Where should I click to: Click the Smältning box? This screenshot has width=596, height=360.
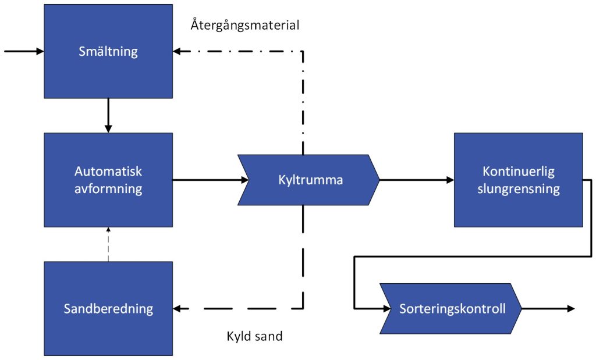(108, 51)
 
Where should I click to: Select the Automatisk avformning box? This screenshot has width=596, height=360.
(108, 180)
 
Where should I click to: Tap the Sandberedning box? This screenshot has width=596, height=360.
(108, 308)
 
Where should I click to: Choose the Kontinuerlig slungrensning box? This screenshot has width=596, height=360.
(518, 180)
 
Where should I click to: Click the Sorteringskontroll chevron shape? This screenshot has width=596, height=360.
(451, 308)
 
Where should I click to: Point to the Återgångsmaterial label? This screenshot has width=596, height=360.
(244, 26)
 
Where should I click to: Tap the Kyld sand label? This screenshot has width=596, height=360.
(254, 336)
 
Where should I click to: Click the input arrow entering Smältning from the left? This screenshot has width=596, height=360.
(23, 51)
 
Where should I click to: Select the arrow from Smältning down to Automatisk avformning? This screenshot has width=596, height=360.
(108, 115)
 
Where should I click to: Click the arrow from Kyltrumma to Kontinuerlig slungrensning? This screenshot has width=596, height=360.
(416, 180)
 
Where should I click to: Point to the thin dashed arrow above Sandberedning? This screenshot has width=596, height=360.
(108, 244)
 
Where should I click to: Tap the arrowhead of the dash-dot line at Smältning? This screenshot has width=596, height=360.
(177, 51)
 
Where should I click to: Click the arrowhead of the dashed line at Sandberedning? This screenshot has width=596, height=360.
(177, 308)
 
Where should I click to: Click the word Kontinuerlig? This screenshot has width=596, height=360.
(518, 172)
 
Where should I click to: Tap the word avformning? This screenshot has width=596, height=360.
(108, 188)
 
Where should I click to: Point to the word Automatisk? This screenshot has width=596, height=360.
(108, 172)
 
